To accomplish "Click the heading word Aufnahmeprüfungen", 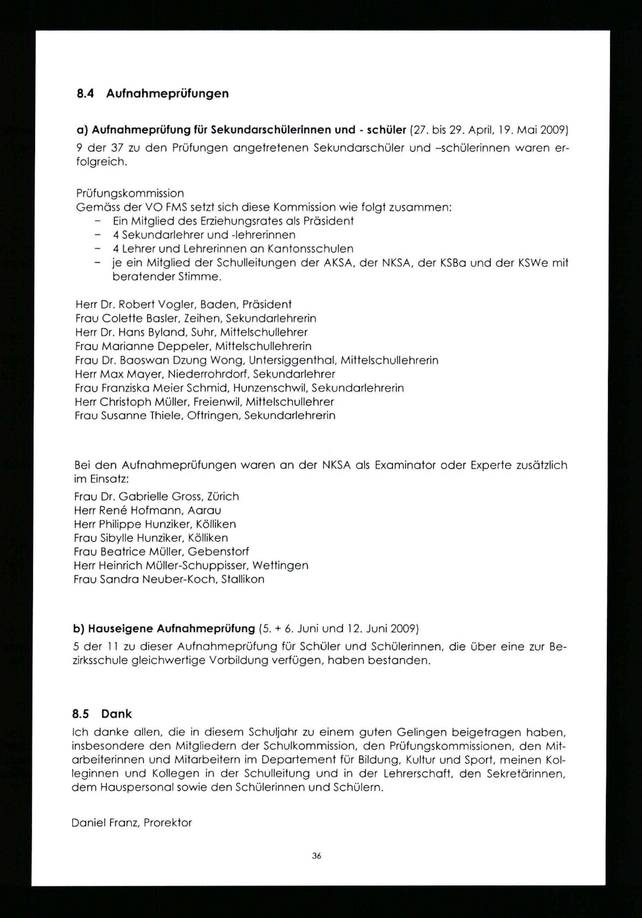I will [168, 94].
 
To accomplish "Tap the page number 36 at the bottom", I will [317, 855].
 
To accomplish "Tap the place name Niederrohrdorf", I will [208, 374].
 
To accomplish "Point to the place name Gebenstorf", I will [218, 552].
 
